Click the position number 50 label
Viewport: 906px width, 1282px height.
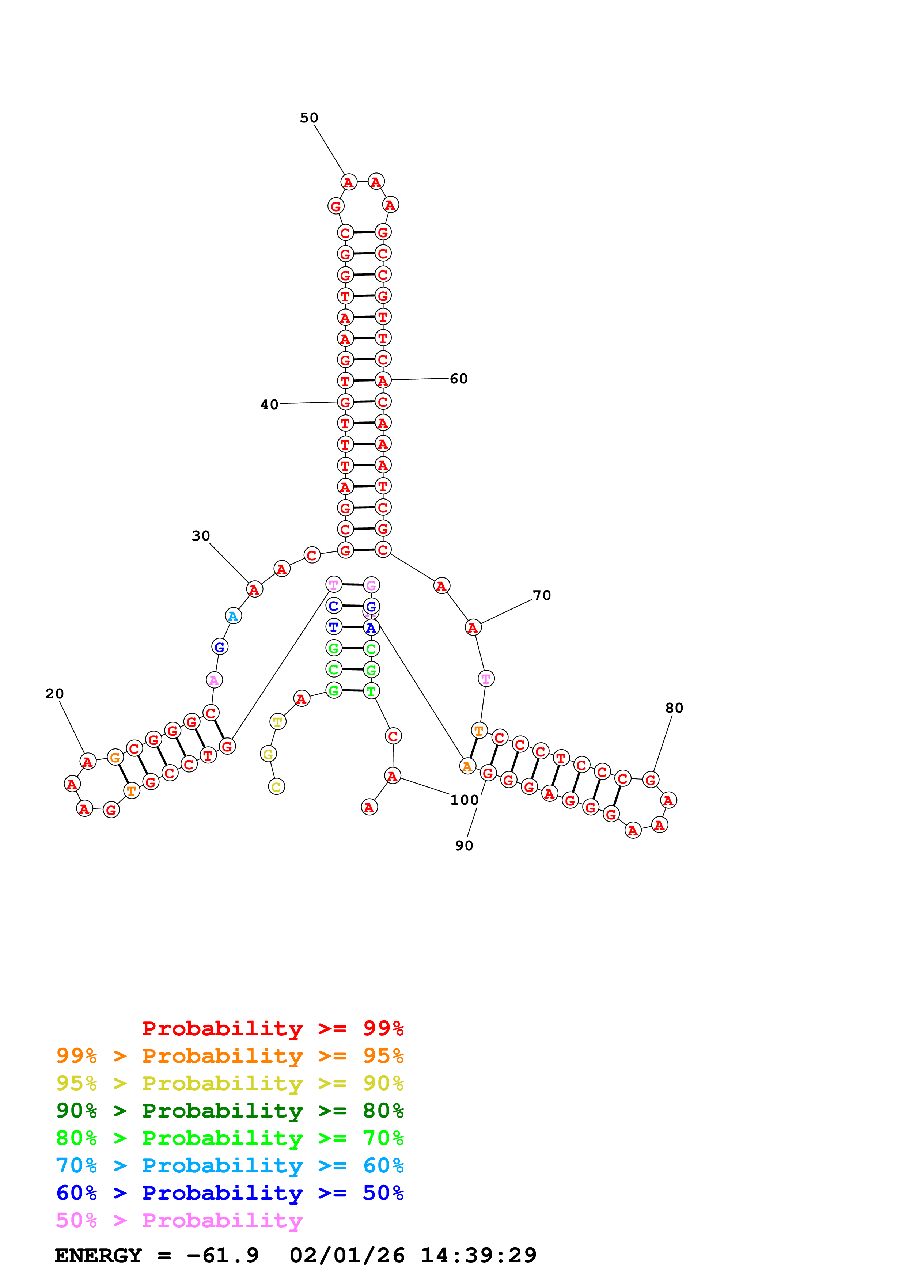(x=309, y=118)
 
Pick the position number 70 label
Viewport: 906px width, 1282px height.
(x=542, y=595)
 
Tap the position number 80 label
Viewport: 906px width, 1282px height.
(x=674, y=708)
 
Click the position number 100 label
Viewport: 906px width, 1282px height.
(x=464, y=800)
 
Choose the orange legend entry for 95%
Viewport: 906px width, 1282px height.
(x=230, y=1056)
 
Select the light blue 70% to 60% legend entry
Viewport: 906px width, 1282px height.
(x=230, y=1165)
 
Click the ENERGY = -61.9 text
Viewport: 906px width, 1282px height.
(x=157, y=1255)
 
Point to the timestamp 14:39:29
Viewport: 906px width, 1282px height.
(x=478, y=1255)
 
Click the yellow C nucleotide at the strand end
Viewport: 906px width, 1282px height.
(x=276, y=787)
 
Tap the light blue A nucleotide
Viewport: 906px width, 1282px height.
(x=233, y=617)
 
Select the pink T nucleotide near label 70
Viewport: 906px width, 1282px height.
(x=486, y=679)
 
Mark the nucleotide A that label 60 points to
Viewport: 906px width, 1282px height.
(x=382, y=381)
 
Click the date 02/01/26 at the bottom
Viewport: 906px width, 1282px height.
(x=347, y=1255)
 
